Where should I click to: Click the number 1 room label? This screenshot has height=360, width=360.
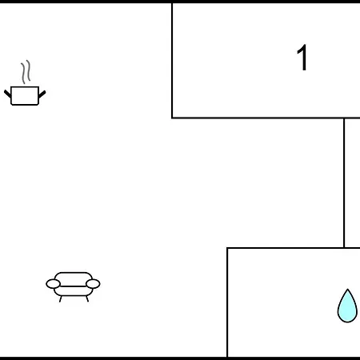pyautogui.click(x=302, y=58)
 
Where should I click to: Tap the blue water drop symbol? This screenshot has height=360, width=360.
pyautogui.click(x=347, y=306)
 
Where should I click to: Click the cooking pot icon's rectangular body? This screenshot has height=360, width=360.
pyautogui.click(x=25, y=96)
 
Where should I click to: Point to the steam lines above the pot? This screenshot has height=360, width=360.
pyautogui.click(x=26, y=72)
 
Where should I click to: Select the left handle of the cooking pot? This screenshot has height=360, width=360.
pyautogui.click(x=7, y=94)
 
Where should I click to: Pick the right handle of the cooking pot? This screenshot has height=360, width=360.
pyautogui.click(x=42, y=94)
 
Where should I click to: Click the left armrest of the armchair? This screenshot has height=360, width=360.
pyautogui.click(x=53, y=284)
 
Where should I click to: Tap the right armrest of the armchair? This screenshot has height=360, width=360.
pyautogui.click(x=93, y=284)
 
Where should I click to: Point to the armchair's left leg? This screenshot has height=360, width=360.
pyautogui.click(x=61, y=299)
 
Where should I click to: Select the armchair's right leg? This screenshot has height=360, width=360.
pyautogui.click(x=87, y=299)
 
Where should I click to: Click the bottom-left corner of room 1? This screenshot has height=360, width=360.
pyautogui.click(x=172, y=118)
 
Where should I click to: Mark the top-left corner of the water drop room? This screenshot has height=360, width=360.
pyautogui.click(x=227, y=248)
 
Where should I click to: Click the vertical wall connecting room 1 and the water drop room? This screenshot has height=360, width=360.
pyautogui.click(x=344, y=182)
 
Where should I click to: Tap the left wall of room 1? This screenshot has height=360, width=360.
pyautogui.click(x=172, y=60)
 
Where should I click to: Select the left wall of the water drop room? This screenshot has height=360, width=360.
pyautogui.click(x=227, y=302)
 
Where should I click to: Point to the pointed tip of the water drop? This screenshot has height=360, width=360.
pyautogui.click(x=347, y=289)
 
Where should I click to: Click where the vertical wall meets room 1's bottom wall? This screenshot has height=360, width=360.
pyautogui.click(x=344, y=118)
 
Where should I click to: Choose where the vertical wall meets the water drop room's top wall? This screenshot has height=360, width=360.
pyautogui.click(x=344, y=248)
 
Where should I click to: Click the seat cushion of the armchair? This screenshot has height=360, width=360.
pyautogui.click(x=74, y=291)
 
